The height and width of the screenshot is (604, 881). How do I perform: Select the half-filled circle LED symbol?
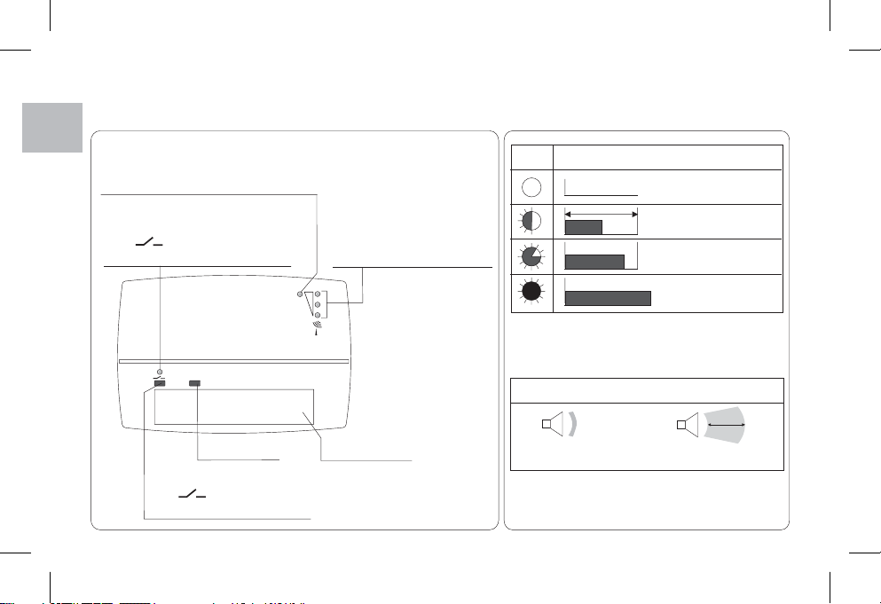point(531,221)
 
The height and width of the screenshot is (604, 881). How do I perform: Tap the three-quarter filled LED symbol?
point(531,257)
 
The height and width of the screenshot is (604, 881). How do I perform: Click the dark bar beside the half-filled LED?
point(584,227)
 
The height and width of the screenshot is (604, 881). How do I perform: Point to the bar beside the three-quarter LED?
point(594,262)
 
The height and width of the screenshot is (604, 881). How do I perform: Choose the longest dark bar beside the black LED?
point(608,297)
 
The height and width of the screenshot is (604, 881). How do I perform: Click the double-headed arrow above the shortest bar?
point(602,214)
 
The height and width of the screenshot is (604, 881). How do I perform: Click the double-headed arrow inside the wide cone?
point(726,425)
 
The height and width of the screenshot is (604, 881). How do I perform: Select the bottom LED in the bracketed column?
point(317,315)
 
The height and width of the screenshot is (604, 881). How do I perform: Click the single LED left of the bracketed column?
point(301,292)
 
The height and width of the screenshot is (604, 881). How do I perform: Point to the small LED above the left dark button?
point(159,372)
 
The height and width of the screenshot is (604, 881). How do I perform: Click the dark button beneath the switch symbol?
point(159,384)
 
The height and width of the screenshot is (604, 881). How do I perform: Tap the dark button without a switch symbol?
point(194,384)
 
